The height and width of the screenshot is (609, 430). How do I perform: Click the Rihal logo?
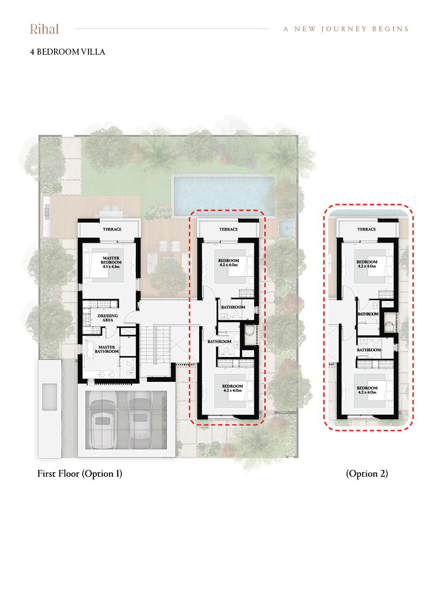point(44,29)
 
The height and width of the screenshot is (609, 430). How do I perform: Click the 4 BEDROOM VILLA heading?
point(67,52)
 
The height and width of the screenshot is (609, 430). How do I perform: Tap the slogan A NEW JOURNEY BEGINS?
point(346,29)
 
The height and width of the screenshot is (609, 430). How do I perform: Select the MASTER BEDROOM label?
point(111,262)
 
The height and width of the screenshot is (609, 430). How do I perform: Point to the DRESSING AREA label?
point(108,318)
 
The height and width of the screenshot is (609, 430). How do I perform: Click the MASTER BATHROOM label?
point(107,349)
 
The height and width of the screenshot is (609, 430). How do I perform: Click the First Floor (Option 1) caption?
point(79,474)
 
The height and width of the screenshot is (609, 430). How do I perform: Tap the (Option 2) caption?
point(367,474)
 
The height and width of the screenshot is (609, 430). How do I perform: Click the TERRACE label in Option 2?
point(366,230)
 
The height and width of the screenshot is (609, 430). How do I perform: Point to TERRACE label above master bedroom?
point(112,230)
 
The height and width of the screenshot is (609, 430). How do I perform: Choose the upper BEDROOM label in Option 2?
point(367,264)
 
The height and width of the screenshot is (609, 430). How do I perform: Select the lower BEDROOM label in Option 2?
point(367,390)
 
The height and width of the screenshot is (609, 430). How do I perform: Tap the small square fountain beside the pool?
point(287,228)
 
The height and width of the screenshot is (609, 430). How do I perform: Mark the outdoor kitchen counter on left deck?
point(47,217)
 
